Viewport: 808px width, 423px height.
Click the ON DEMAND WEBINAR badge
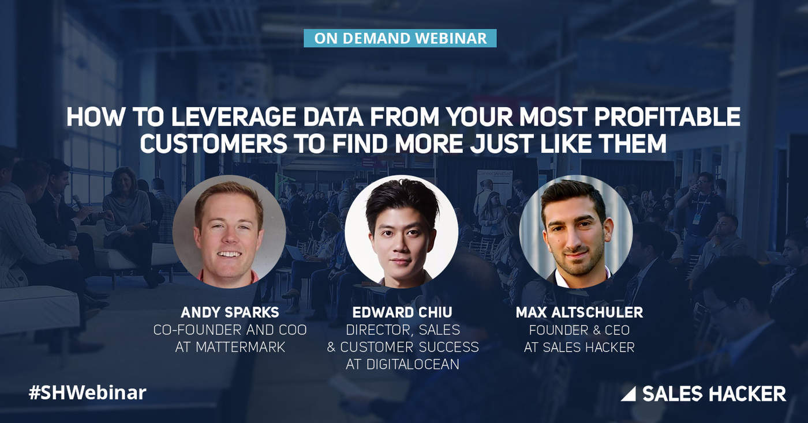click(399, 39)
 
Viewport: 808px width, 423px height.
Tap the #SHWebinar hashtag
click(87, 393)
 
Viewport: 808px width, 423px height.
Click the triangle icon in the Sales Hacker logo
click(629, 394)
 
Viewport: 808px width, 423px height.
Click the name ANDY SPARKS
click(230, 312)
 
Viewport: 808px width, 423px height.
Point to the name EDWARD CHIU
click(402, 312)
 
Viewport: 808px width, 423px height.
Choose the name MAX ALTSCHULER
click(579, 312)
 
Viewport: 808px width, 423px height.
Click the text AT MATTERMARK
click(230, 348)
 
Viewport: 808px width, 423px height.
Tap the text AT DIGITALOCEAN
click(402, 364)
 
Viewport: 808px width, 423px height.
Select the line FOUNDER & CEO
click(579, 330)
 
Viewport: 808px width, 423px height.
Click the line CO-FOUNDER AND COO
click(230, 330)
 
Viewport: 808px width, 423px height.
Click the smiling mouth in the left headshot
click(229, 254)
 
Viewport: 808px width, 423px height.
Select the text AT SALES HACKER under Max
click(579, 348)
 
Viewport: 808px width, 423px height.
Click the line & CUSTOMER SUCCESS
click(402, 348)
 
